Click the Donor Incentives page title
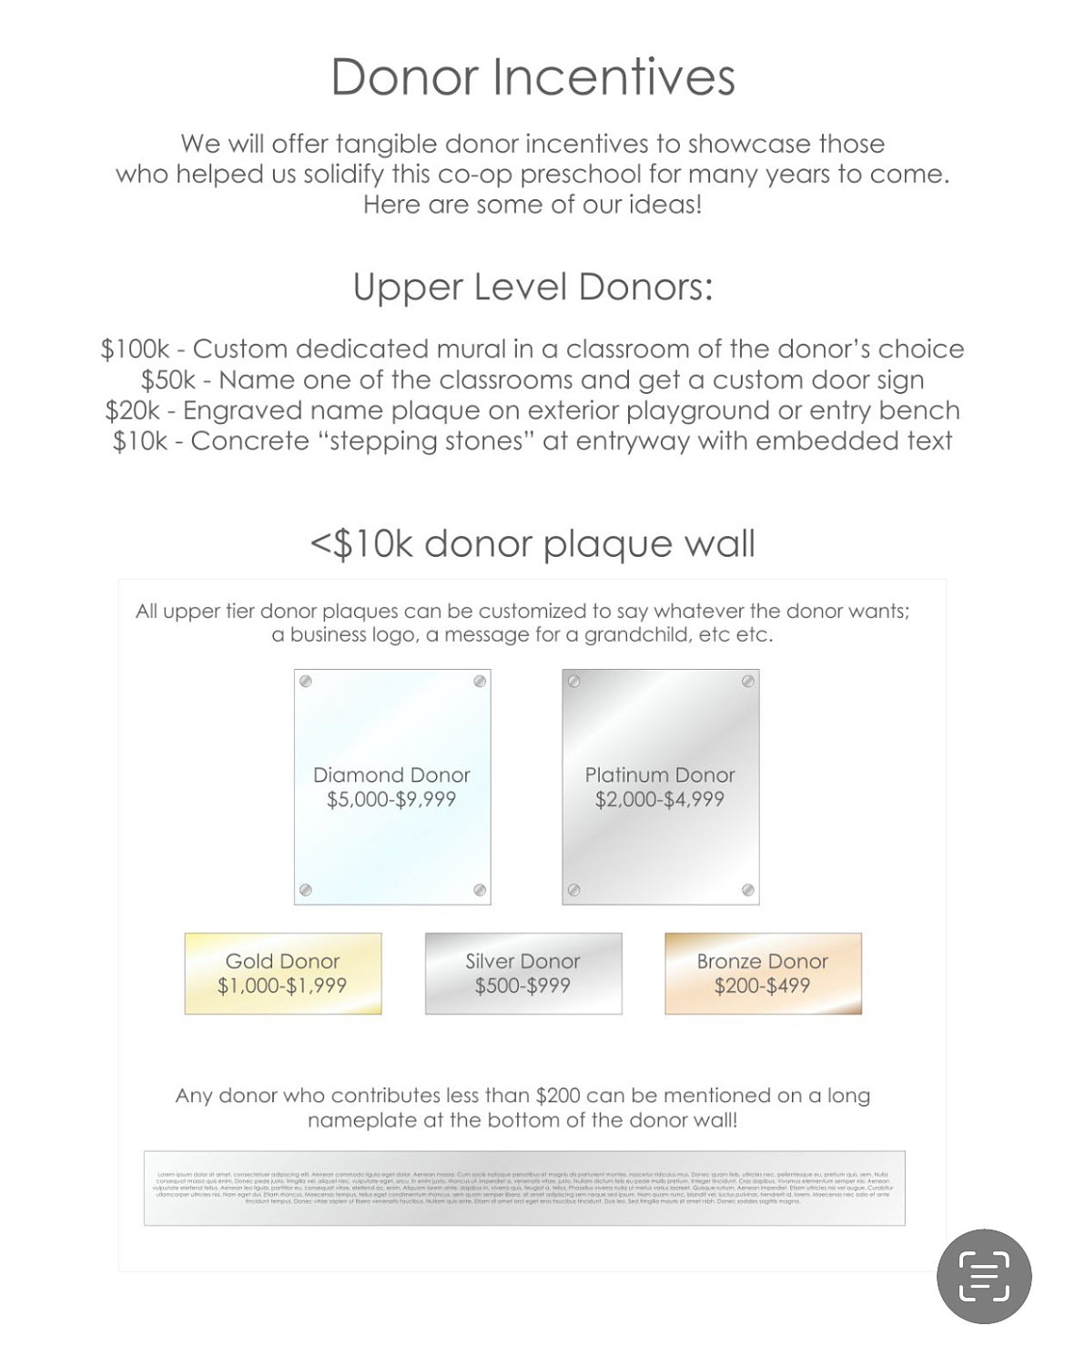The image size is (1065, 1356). click(532, 76)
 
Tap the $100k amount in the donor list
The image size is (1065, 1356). click(135, 349)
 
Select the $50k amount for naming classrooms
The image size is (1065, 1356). click(167, 380)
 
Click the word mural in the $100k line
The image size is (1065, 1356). click(480, 349)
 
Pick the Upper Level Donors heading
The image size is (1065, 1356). click(532, 287)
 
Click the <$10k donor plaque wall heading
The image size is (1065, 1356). click(532, 544)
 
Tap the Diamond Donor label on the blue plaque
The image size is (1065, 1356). click(391, 775)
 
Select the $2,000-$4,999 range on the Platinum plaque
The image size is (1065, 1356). click(660, 800)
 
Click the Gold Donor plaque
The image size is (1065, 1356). click(282, 974)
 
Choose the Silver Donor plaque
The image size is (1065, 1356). click(522, 974)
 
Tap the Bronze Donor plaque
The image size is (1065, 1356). click(763, 974)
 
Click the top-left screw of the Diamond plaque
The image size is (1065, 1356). click(306, 682)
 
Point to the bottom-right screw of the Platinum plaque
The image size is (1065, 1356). click(747, 890)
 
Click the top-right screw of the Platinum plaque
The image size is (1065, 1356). click(747, 681)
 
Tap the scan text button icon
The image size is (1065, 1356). click(984, 1276)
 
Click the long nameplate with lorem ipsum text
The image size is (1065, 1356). click(524, 1189)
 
